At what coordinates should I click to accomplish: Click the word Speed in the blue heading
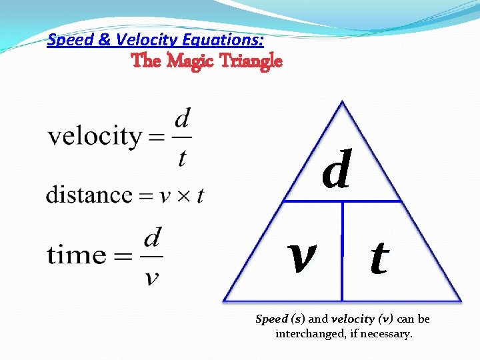pos(71,40)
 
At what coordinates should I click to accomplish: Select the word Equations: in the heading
pos(223,40)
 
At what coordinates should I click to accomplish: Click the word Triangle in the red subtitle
pos(251,61)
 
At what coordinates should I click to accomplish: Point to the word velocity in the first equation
pos(95,136)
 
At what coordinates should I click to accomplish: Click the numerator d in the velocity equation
pos(183,118)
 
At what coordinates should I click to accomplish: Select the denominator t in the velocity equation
pos(182,157)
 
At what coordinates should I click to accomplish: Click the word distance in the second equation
pos(89,195)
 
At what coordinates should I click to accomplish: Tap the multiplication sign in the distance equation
pos(184,197)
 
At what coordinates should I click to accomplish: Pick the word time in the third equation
pos(76,254)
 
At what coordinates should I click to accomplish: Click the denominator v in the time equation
pos(152,278)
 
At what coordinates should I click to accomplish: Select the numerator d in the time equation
pos(153,237)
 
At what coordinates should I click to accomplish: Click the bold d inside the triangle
pos(337,169)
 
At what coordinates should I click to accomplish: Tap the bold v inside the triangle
pos(302,257)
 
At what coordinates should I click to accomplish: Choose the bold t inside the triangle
pos(379,257)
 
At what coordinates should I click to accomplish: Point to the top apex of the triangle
pos(342,101)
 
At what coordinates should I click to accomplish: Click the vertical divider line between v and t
pos(342,251)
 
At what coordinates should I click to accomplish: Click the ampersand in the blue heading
pos(105,40)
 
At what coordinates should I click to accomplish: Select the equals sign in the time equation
pos(123,256)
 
